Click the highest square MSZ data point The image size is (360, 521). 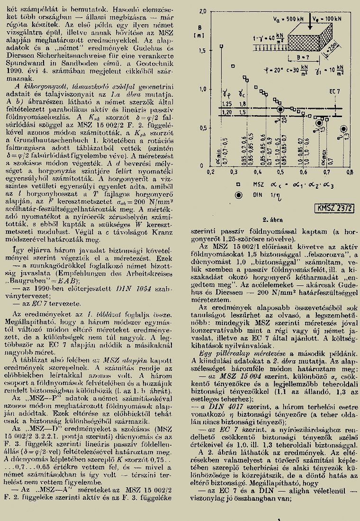tap(222, 46)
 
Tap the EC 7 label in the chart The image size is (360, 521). tap(335, 91)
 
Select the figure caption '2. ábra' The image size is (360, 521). tap(272, 219)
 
